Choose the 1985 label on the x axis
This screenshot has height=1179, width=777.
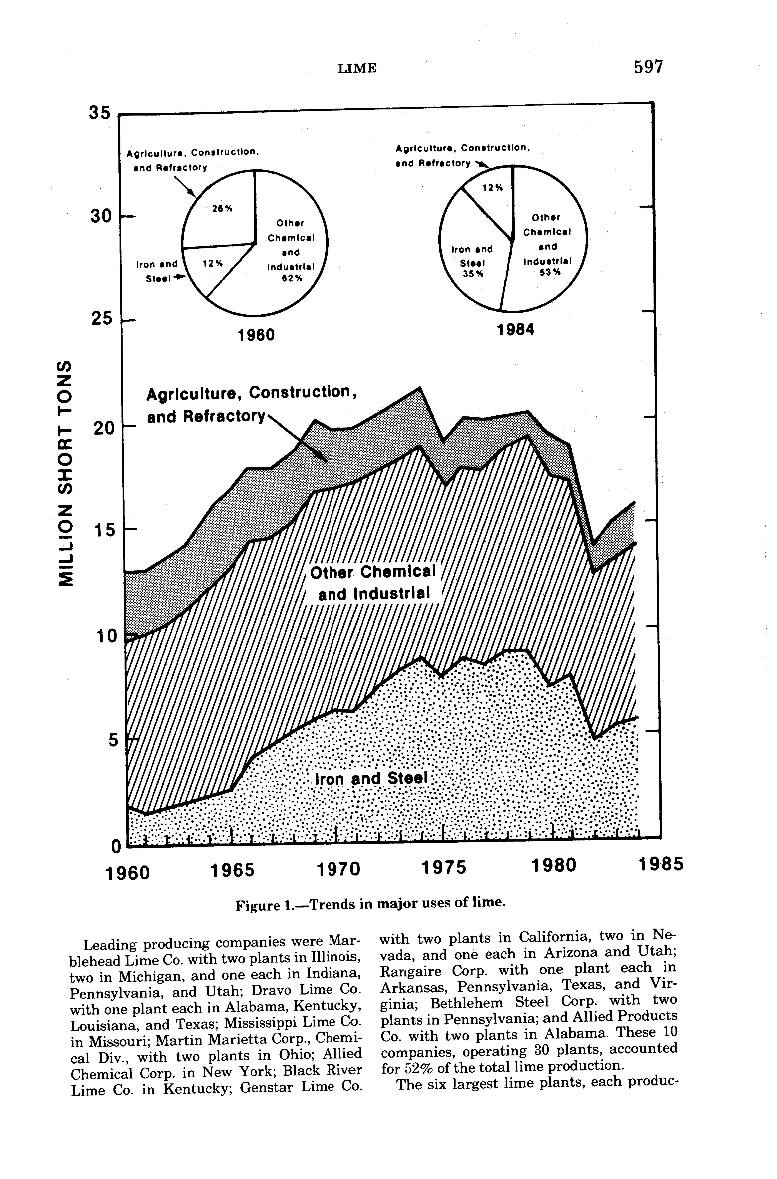661,865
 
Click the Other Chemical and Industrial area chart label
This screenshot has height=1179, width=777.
373,583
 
